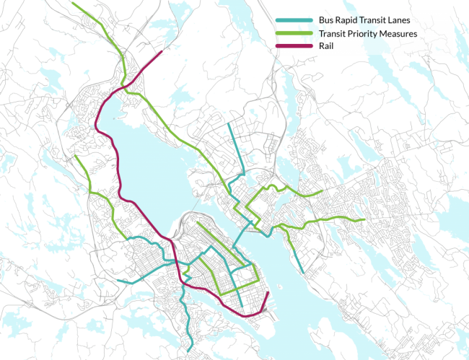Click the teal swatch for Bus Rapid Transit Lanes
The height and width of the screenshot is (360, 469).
(292, 21)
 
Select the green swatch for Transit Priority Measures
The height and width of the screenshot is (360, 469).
(292, 33)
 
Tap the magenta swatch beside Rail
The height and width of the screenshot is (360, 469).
(292, 45)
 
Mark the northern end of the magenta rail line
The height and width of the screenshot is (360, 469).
(163, 52)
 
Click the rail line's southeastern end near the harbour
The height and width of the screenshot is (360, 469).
(268, 295)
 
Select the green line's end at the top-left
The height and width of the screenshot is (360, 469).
(71, 4)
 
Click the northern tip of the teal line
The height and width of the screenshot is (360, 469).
(228, 124)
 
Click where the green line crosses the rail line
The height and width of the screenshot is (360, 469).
(128, 84)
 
